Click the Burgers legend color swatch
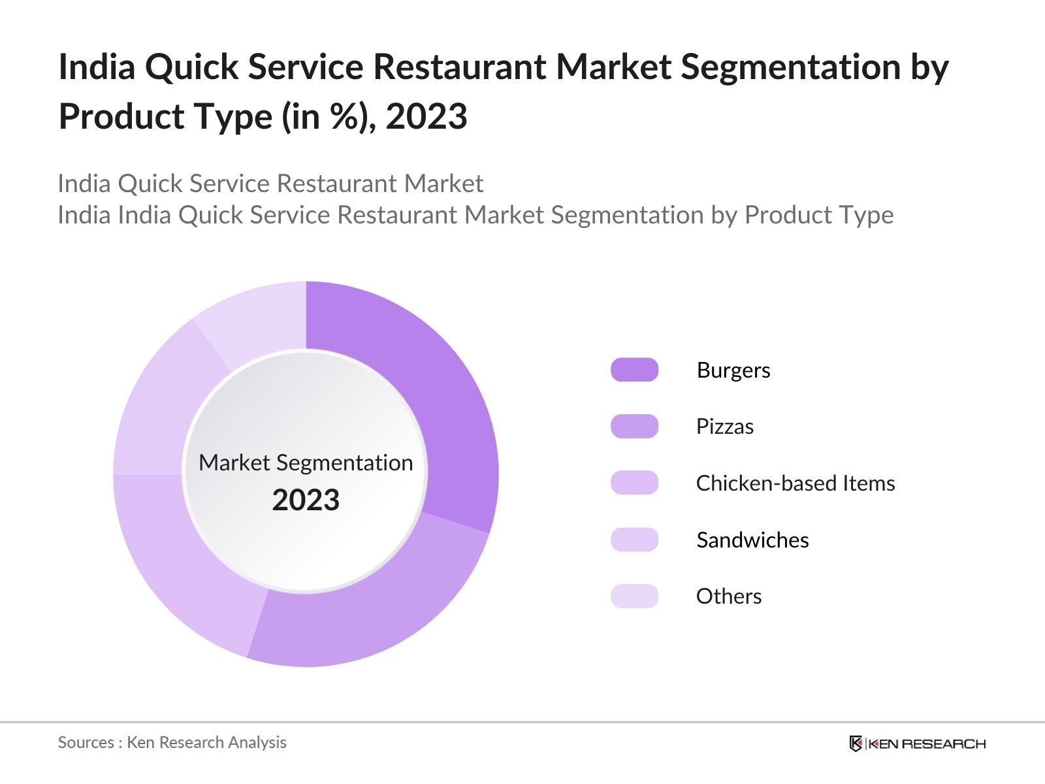634,370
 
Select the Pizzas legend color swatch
634,426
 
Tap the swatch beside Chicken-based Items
634,483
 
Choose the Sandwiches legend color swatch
634,540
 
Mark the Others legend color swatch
634,596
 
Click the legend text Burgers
733,370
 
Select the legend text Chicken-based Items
795,483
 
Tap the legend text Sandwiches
752,540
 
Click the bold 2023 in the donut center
306,500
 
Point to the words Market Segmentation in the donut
306,463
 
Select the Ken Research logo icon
855,743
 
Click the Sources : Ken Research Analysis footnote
172,743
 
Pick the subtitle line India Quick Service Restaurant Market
270,184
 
